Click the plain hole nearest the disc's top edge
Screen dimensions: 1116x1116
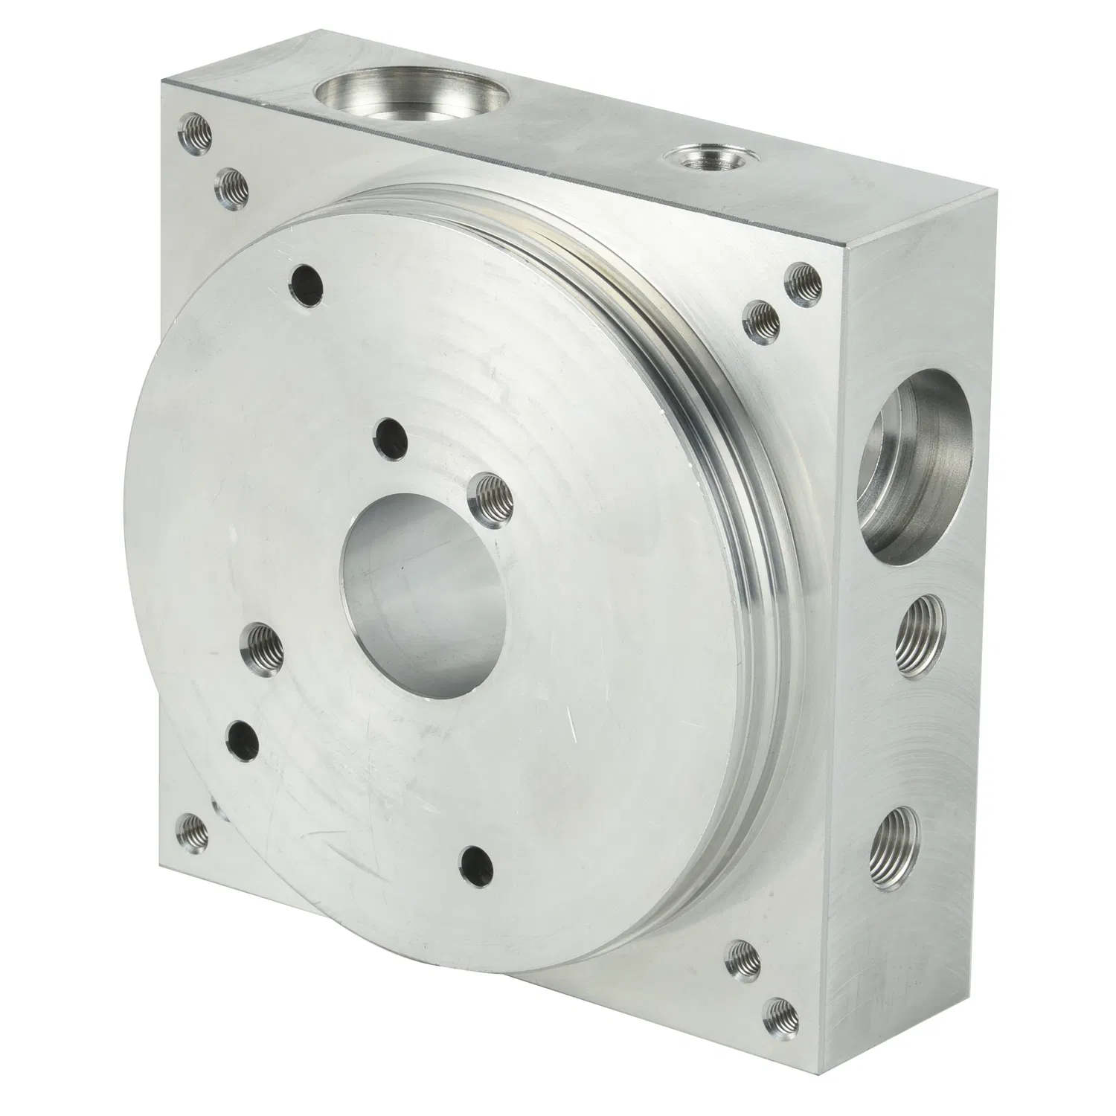click(306, 285)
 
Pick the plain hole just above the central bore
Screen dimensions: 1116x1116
click(391, 439)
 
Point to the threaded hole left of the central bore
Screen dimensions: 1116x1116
click(264, 642)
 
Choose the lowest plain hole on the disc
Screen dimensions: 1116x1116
click(478, 862)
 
